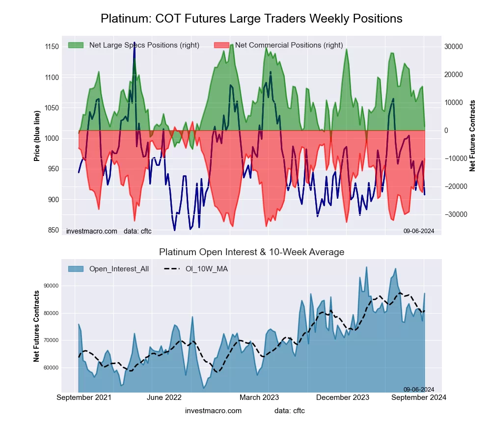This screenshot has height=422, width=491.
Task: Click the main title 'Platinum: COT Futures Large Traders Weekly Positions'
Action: pyautogui.click(x=251, y=19)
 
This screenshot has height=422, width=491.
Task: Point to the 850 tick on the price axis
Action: pyautogui.click(x=52, y=230)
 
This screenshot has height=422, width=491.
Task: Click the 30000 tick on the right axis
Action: pyautogui.click(x=454, y=47)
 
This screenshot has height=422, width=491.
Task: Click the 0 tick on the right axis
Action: pyautogui.click(x=446, y=131)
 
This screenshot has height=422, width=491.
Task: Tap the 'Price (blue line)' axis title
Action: pyautogui.click(x=37, y=135)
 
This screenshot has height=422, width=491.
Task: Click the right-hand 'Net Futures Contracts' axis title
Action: pyautogui.click(x=472, y=135)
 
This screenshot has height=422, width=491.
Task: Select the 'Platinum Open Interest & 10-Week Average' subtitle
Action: pyautogui.click(x=251, y=252)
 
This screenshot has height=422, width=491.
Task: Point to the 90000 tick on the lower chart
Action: pyautogui.click(x=51, y=286)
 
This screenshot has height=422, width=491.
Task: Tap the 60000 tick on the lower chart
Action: pyautogui.click(x=51, y=368)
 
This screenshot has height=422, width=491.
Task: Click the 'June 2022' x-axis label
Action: pyautogui.click(x=164, y=397)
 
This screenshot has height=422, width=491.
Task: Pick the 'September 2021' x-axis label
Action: pyautogui.click(x=84, y=397)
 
